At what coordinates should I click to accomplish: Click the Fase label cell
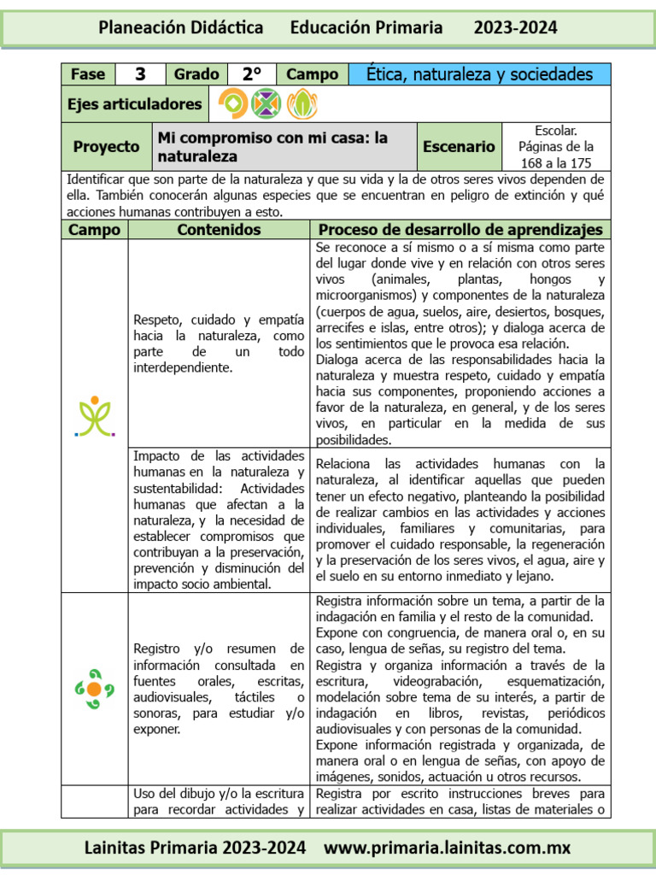point(88,74)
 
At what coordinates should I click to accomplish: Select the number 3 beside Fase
point(140,74)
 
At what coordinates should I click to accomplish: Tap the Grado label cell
point(196,74)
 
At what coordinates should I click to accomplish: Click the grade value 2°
point(251,74)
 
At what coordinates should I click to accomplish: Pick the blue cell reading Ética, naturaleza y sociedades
point(479,74)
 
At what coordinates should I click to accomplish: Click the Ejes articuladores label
point(135,104)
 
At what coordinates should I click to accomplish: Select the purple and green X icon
point(267,104)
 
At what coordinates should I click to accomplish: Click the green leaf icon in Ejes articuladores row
point(302,104)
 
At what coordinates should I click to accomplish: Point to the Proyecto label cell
point(106,147)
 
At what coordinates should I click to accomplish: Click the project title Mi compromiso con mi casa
point(272,147)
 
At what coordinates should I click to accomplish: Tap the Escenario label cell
point(459,147)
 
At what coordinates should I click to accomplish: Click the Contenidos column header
point(219,230)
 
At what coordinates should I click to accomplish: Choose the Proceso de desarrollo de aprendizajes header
point(460,230)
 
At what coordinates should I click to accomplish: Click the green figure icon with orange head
point(95,416)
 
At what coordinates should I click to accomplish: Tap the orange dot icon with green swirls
point(95,688)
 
